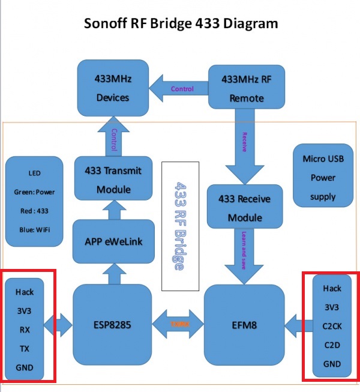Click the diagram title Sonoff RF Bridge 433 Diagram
[179, 23]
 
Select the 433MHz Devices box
[113, 88]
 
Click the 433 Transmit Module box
[113, 179]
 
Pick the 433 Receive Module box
[244, 207]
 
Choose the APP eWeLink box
[113, 241]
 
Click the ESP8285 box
[113, 325]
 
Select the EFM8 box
[244, 325]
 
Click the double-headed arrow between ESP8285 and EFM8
[178, 324]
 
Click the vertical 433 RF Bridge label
[179, 225]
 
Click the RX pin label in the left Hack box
[25, 329]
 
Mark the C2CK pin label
[332, 326]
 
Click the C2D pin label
[332, 345]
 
